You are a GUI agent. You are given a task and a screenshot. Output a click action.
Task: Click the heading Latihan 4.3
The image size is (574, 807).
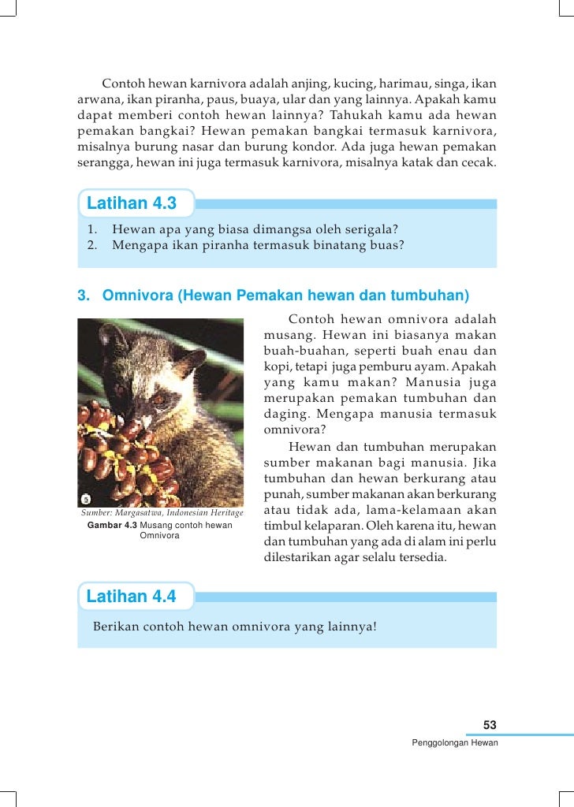pyautogui.click(x=131, y=203)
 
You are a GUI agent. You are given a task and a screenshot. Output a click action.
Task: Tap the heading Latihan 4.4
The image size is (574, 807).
pyautogui.click(x=131, y=596)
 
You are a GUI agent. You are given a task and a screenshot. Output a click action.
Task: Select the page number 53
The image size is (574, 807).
pyautogui.click(x=490, y=725)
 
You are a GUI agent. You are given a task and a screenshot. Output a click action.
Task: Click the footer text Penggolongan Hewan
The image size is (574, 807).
pyautogui.click(x=455, y=743)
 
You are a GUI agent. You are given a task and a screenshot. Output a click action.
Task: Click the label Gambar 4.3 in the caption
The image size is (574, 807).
pyautogui.click(x=111, y=525)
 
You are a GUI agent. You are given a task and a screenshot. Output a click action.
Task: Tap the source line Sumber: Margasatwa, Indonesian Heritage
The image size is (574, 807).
pyautogui.click(x=162, y=513)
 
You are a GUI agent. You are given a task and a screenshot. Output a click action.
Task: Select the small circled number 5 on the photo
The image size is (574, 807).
pyautogui.click(x=87, y=498)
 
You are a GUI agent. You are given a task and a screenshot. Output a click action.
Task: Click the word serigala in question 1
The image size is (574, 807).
pyautogui.click(x=368, y=229)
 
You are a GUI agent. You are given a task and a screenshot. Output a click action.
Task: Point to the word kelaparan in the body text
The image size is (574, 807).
pyautogui.click(x=326, y=526)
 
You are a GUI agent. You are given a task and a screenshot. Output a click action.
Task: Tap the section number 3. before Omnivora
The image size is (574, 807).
pyautogui.click(x=84, y=296)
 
